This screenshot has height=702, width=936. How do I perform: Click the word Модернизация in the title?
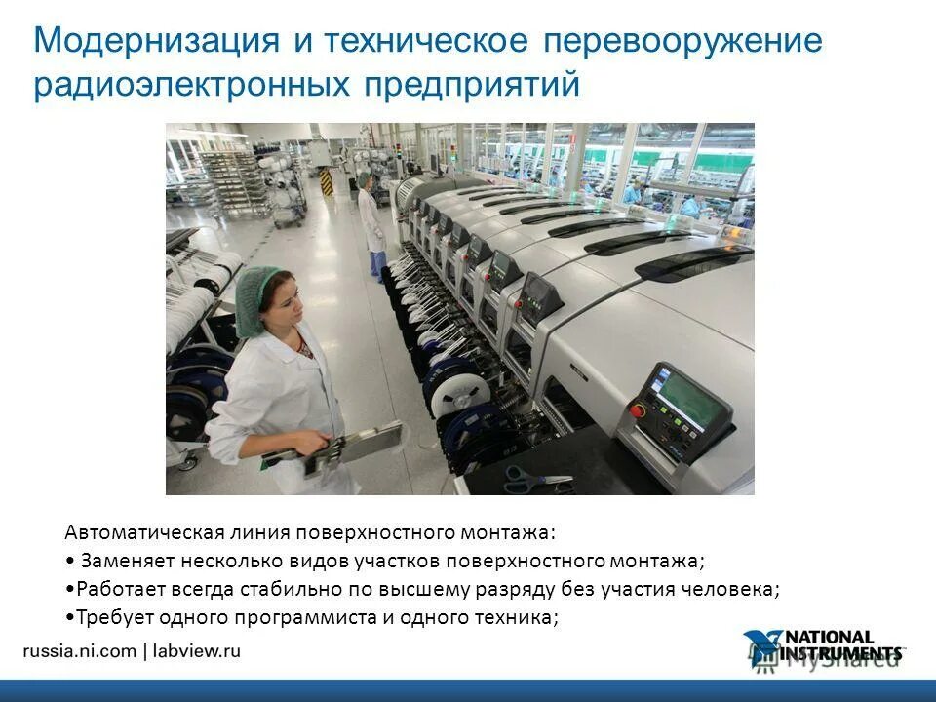158,41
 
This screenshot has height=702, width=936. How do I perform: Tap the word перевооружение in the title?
682,43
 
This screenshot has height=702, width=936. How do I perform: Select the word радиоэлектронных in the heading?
191,85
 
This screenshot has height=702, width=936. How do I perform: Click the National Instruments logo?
824,647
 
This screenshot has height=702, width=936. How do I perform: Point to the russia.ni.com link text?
79,651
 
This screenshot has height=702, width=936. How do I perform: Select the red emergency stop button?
638,409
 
